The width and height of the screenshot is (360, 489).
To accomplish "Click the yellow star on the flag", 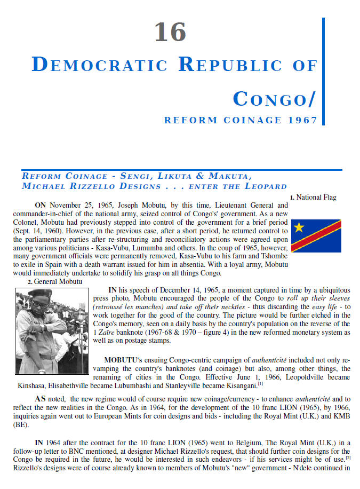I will [299, 228].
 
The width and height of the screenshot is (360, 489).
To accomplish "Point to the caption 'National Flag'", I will [316, 198].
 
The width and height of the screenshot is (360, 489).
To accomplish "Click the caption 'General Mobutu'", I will [58, 281].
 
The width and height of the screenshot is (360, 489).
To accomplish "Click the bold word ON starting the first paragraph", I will [41, 205].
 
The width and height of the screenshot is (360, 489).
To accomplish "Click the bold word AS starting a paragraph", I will [41, 398].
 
